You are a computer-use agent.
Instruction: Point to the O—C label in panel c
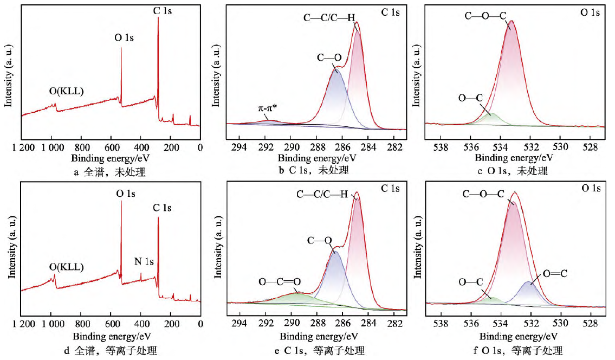click(470, 98)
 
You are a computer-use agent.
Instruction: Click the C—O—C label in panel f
click(485, 194)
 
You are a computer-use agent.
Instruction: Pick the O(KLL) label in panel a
click(66, 91)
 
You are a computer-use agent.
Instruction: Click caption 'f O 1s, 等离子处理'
click(517, 350)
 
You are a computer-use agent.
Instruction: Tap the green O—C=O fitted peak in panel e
click(297, 298)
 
